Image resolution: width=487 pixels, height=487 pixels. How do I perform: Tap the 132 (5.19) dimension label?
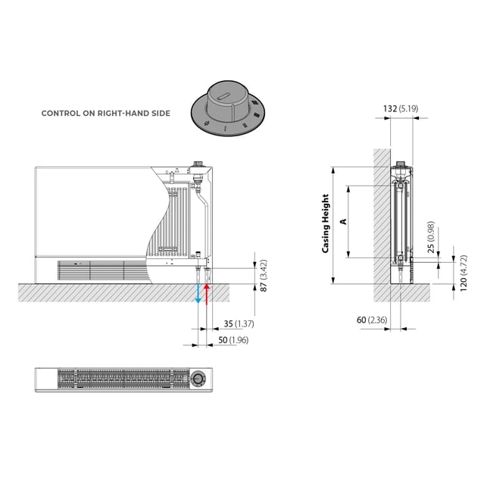401,109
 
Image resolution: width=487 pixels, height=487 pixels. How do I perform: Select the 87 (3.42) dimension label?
264,276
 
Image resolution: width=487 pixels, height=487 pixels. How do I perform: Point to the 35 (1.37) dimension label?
239,324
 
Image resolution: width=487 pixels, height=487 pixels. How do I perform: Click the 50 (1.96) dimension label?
233,340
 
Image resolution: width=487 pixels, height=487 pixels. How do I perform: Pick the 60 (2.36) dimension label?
372,320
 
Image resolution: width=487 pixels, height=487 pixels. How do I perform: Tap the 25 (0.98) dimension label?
431,237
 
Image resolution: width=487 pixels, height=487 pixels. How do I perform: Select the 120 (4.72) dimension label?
463,273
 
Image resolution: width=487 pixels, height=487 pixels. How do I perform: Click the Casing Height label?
325,223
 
